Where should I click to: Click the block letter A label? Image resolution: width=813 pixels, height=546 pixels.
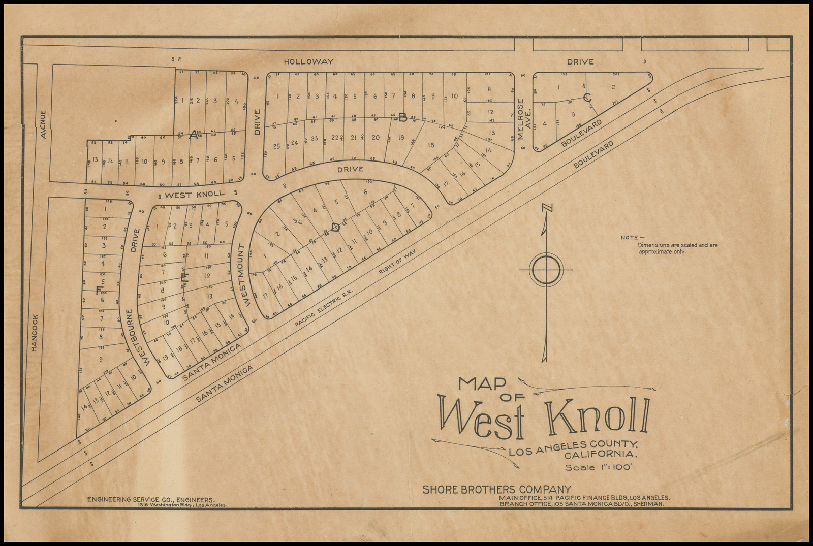pos(193,135)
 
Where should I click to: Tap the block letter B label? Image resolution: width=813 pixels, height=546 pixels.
pos(402,118)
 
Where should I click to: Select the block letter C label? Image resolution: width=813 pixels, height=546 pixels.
pos(587,98)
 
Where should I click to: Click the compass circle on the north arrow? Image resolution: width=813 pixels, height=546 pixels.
pos(546,269)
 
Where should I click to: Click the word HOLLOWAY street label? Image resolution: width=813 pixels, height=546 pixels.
pos(308,61)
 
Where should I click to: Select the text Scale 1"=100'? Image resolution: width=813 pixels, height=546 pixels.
pos(598,468)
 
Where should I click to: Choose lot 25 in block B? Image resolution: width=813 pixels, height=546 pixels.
pos(276,146)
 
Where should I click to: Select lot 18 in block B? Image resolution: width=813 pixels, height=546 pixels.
pos(431,145)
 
